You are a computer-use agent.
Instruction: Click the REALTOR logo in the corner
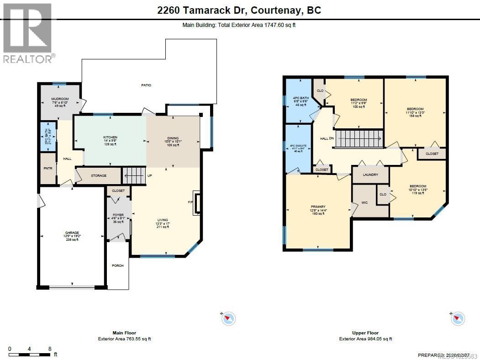point(28,32)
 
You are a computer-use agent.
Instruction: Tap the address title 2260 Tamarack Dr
point(239,10)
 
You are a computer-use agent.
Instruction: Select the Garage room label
point(72,236)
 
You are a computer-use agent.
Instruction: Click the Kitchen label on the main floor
point(110,140)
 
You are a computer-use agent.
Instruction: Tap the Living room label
point(163,223)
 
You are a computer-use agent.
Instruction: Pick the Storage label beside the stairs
point(99,175)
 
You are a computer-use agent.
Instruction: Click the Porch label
point(118,265)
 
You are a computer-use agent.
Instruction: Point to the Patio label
point(146,85)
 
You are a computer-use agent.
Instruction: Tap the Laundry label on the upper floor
point(370,175)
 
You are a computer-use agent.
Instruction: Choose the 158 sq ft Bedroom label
point(415,112)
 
